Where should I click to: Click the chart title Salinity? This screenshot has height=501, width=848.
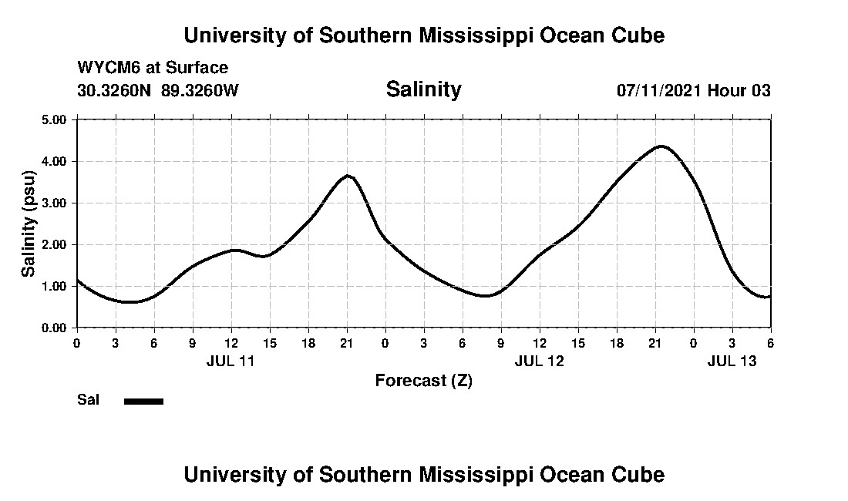[423, 89]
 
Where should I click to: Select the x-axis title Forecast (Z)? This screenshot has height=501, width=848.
[423, 380]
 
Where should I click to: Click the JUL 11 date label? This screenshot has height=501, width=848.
[231, 360]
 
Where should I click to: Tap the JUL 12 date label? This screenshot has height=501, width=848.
[539, 360]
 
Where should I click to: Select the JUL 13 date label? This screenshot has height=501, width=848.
[732, 360]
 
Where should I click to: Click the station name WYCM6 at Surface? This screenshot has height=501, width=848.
[153, 69]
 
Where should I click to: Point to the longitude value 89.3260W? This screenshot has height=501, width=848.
[200, 90]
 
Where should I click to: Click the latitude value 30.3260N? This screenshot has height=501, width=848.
[115, 90]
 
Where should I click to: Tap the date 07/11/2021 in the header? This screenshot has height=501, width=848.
[659, 90]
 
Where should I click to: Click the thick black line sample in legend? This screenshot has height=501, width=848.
[143, 401]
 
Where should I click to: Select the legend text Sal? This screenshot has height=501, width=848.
[89, 400]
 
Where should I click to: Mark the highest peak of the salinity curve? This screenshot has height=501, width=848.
[661, 146]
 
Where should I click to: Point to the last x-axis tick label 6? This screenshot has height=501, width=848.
[770, 342]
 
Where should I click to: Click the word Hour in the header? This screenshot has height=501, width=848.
[728, 90]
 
